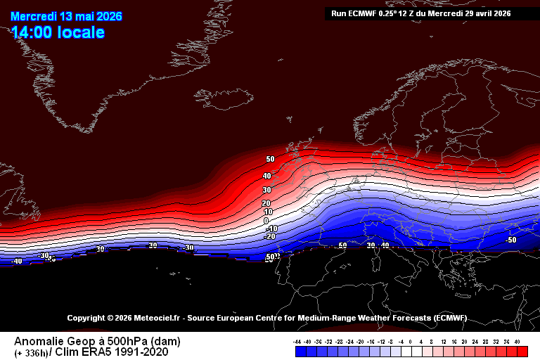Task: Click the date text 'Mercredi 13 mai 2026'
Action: coord(57,16)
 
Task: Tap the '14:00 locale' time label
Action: coord(58,32)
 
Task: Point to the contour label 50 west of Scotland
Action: coord(270,160)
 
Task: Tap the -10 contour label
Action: coord(271,229)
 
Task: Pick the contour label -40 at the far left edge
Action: coord(17,261)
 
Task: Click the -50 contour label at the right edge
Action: coord(511,240)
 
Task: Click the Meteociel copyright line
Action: coord(266,318)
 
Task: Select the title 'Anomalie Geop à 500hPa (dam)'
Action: coord(97,341)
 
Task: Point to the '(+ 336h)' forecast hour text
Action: coord(32,353)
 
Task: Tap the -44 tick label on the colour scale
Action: coord(297,341)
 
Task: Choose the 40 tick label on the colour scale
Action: coord(517,341)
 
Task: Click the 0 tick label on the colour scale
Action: coord(411,341)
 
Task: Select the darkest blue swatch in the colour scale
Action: coord(298,351)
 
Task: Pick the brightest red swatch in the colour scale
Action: coord(522,351)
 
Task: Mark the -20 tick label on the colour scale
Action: coord(360,341)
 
